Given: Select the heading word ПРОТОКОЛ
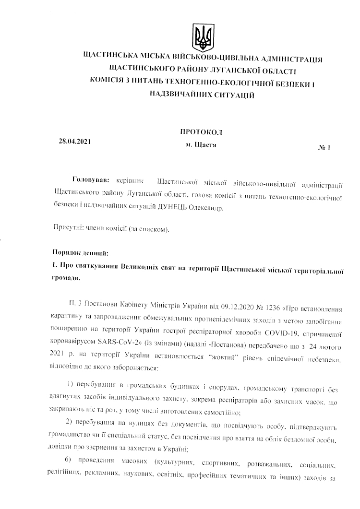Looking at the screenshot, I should tap(202, 131).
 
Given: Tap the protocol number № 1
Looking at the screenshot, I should tap(324, 148).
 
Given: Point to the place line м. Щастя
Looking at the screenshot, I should tap(201, 144).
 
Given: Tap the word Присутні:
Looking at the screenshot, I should tap(67, 229).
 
